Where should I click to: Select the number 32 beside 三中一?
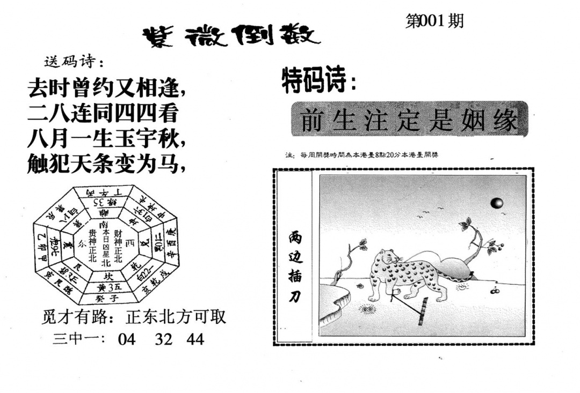point(163,339)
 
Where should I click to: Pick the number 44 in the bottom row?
point(195,339)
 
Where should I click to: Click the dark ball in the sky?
point(497,203)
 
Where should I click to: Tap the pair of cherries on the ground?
point(495,291)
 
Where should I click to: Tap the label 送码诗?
point(70,62)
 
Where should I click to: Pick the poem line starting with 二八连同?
point(102,113)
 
